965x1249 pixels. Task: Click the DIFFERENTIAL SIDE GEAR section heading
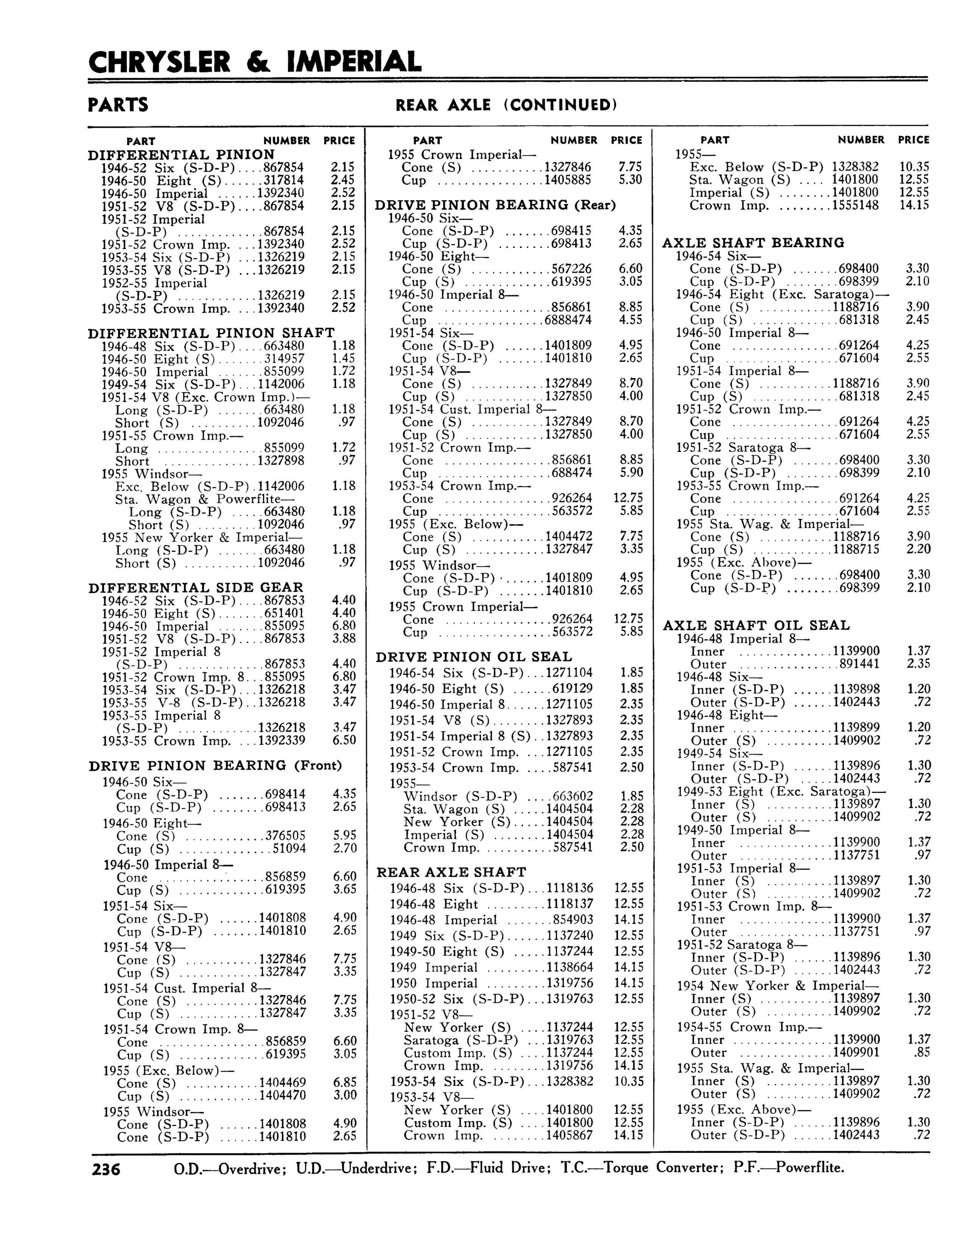(196, 587)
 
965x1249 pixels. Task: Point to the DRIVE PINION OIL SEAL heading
(473, 657)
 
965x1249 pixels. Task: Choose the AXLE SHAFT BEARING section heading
(753, 243)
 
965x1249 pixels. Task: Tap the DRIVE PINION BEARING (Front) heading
(216, 765)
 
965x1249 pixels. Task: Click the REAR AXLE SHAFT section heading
(451, 872)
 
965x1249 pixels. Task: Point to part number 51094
(289, 848)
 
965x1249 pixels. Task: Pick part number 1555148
(855, 205)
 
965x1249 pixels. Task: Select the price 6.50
(344, 740)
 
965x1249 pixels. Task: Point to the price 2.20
(918, 549)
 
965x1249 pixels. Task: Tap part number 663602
(572, 796)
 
